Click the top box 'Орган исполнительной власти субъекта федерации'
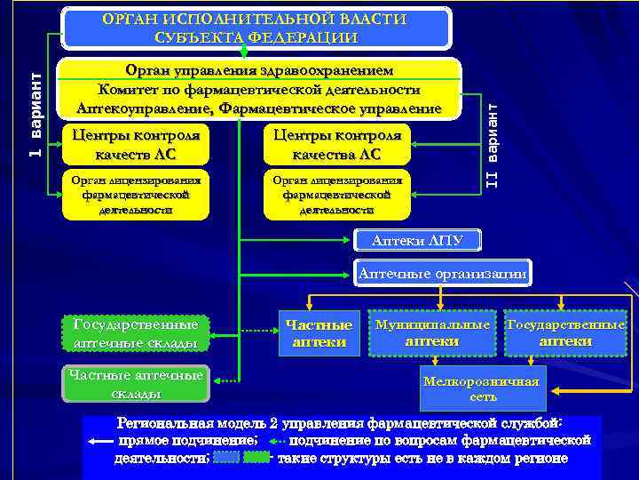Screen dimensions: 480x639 click(256, 28)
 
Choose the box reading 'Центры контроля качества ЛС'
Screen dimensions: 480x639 click(337, 145)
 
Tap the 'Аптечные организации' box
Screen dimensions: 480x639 click(442, 274)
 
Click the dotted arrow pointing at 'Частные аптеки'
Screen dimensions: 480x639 click(258, 332)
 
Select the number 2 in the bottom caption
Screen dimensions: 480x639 click(274, 422)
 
